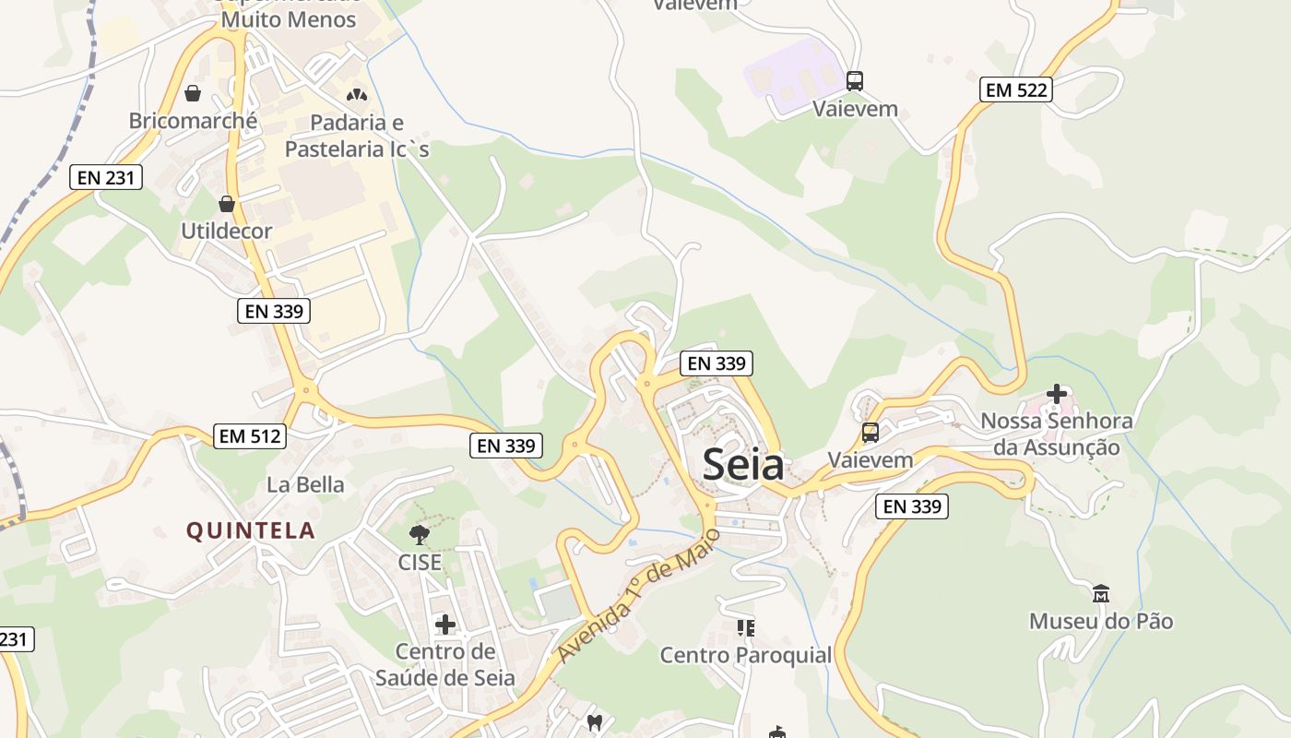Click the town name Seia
(743, 464)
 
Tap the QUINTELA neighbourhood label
(251, 530)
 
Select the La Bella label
(305, 484)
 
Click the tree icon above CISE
(420, 534)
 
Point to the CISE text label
(420, 562)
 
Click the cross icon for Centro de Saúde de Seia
(445, 625)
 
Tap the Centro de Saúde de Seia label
(445, 665)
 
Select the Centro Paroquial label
(746, 655)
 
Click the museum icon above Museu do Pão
(1100, 593)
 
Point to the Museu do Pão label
(1101, 621)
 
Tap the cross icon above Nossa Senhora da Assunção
(1057, 394)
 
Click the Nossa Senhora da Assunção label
(1057, 434)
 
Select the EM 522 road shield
(1015, 89)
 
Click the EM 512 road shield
(250, 435)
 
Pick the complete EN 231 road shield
(106, 177)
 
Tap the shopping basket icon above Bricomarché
(194, 93)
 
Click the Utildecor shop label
(227, 231)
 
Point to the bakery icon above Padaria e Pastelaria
(356, 95)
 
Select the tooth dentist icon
(595, 722)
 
